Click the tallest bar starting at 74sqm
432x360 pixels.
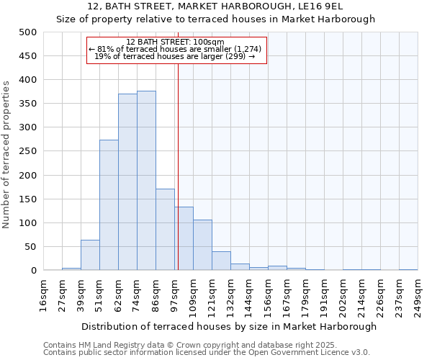click(x=146, y=181)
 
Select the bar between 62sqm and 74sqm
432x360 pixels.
click(x=127, y=182)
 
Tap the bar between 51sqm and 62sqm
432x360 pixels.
click(x=109, y=205)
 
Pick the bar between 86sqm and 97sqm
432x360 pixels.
click(x=165, y=230)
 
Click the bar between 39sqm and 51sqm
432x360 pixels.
click(x=90, y=255)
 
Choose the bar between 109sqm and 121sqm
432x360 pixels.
click(x=202, y=245)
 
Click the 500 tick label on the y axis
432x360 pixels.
click(x=28, y=32)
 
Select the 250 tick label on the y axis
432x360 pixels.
click(x=28, y=151)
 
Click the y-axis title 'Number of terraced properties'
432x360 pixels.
click(x=6, y=154)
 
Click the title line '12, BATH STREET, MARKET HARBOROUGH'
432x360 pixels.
click(x=216, y=6)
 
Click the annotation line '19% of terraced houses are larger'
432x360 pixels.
click(x=175, y=56)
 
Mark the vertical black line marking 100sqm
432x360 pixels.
click(x=178, y=166)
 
